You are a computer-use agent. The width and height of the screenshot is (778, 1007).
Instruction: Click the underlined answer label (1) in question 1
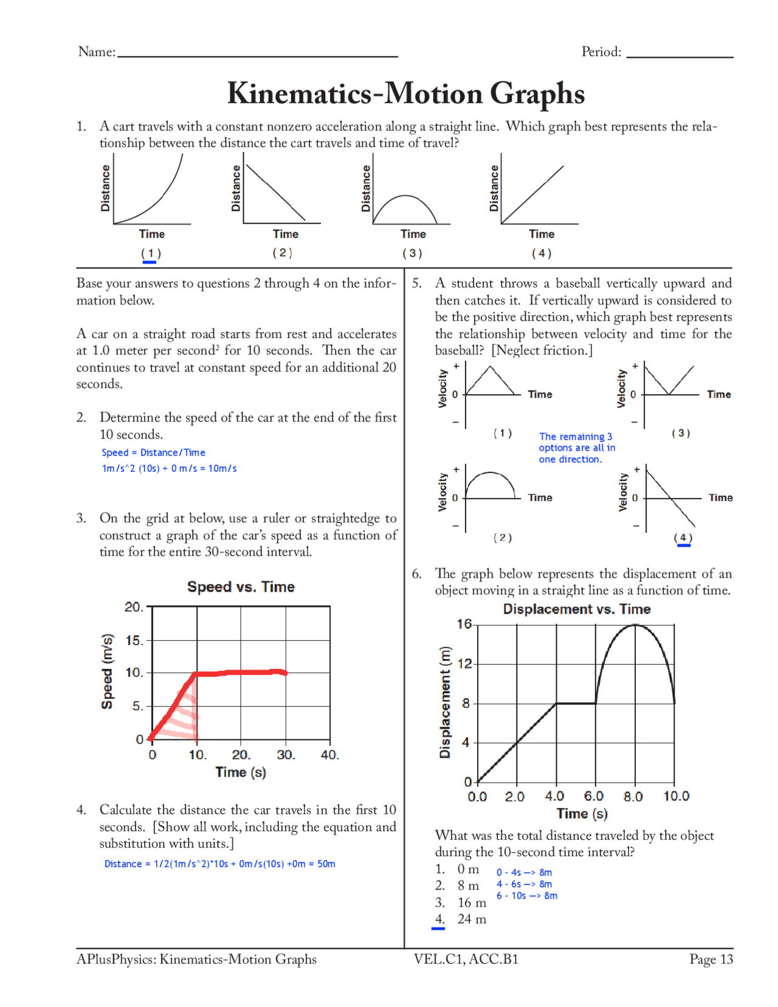[150, 253]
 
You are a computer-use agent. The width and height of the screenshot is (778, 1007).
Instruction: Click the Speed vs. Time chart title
[241, 587]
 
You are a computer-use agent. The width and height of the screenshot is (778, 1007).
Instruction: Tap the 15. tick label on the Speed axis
[134, 640]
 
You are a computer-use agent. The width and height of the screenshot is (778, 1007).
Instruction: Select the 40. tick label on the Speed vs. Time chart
[329, 755]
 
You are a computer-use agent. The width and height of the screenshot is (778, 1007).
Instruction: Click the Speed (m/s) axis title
[107, 671]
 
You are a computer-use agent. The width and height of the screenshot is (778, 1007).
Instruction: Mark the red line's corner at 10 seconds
[196, 674]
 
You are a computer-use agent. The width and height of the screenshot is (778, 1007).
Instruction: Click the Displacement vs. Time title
[576, 609]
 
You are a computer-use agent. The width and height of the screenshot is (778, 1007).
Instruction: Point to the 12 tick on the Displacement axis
[464, 663]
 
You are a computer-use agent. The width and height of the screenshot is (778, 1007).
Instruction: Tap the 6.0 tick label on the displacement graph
[593, 796]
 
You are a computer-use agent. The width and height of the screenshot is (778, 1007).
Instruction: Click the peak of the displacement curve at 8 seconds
[635, 625]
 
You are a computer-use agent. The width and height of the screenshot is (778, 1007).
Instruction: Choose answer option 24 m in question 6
[472, 919]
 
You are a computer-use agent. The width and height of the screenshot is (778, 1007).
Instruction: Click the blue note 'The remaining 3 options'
[576, 448]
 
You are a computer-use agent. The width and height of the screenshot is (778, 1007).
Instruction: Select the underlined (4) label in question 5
[683, 538]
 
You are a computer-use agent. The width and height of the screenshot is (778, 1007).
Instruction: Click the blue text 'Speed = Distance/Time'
[153, 452]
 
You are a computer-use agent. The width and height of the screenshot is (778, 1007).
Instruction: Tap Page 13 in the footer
[711, 959]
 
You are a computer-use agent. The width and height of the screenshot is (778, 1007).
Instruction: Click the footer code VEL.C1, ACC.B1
[466, 959]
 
